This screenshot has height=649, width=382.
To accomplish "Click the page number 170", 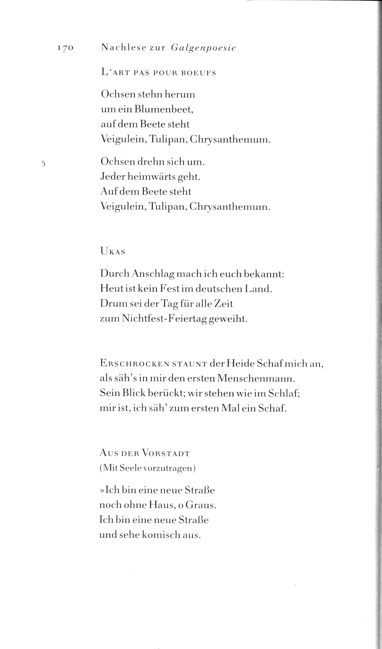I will [x=65, y=48].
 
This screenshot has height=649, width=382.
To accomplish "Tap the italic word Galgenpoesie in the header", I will [x=203, y=48].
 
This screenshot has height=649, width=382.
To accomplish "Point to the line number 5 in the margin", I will [x=43, y=164].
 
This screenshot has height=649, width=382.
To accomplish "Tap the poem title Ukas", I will [x=113, y=251].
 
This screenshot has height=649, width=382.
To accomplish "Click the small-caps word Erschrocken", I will [x=134, y=364].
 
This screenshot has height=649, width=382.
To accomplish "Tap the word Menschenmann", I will [x=256, y=379].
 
